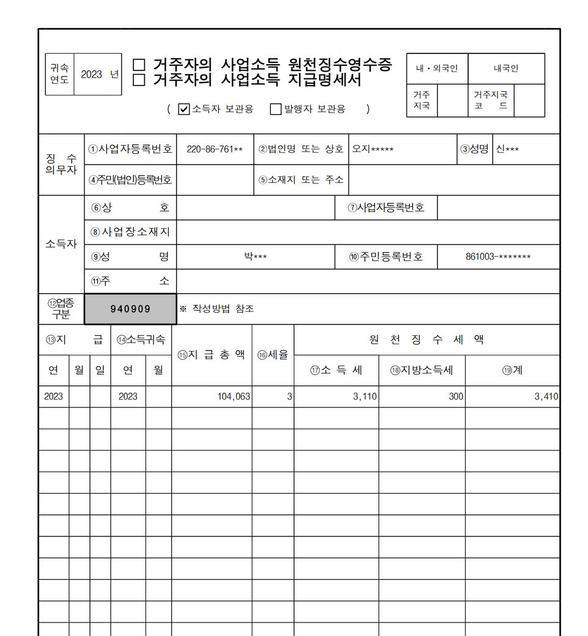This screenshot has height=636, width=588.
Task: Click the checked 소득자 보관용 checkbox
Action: [184, 109]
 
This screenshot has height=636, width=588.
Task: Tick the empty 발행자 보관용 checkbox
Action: [276, 109]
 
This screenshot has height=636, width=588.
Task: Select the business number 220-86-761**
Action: [215, 149]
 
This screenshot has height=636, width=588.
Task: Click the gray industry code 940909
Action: [130, 309]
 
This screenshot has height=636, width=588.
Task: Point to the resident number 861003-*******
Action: [498, 257]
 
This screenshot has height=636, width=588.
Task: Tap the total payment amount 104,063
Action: [233, 396]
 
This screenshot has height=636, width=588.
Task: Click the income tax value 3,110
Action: [365, 396]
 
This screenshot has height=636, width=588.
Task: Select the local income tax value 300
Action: [455, 396]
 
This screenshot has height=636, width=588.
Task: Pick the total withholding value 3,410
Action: [546, 396]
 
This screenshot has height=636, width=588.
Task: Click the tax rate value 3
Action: [289, 396]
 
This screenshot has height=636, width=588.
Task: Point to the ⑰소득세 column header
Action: [336, 371]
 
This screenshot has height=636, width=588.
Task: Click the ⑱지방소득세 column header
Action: [422, 371]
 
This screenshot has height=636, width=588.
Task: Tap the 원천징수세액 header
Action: [427, 340]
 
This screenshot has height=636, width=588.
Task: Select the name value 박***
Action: [255, 257]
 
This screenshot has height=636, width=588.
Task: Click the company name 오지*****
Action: [373, 149]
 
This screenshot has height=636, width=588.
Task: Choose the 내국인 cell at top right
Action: [506, 68]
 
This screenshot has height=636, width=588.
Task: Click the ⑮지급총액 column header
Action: [211, 355]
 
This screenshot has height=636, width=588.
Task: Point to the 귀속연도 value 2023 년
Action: [98, 75]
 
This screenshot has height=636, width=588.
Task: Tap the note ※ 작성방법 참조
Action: [216, 309]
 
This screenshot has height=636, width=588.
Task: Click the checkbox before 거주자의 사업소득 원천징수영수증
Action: [139, 64]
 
